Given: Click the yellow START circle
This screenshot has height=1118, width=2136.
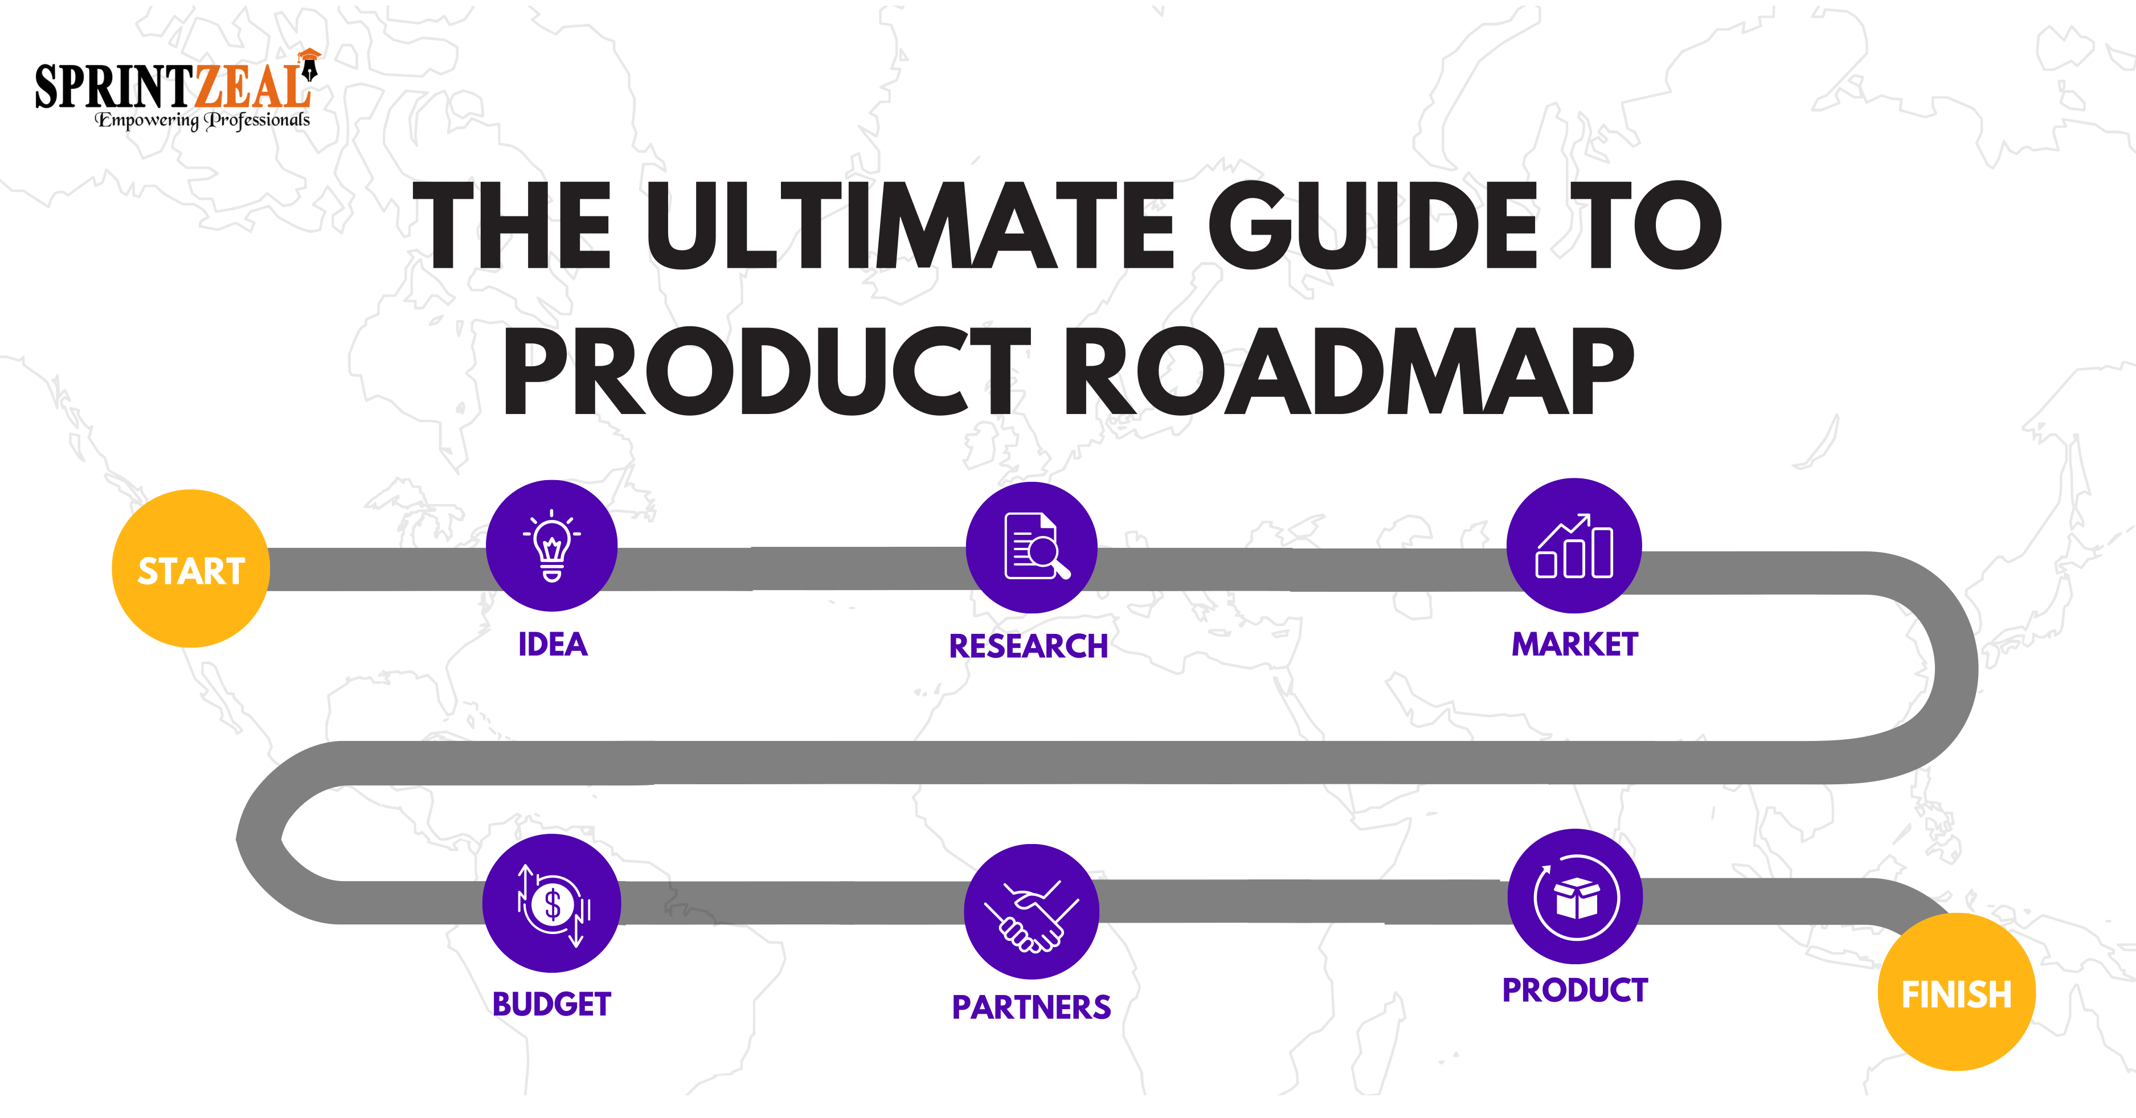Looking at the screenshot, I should click(x=191, y=569).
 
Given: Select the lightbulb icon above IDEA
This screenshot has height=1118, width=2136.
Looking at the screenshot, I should click(x=551, y=546).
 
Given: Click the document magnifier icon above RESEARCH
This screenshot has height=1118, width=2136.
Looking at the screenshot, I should click(x=1032, y=547).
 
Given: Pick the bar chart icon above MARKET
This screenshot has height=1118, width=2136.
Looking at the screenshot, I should click(x=1574, y=546).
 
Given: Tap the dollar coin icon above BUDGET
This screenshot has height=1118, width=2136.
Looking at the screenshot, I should click(x=551, y=903).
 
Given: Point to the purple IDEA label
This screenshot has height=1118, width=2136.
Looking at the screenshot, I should click(x=553, y=644).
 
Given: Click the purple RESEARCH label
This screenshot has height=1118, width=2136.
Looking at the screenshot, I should click(x=1028, y=646).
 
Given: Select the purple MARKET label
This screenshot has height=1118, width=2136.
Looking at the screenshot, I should click(x=1574, y=644).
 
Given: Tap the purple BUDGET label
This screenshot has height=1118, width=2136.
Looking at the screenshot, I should click(x=551, y=1004).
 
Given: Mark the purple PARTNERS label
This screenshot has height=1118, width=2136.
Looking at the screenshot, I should click(x=1030, y=1007).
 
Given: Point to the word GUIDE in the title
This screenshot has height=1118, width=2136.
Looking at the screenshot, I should click(x=1372, y=226).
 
